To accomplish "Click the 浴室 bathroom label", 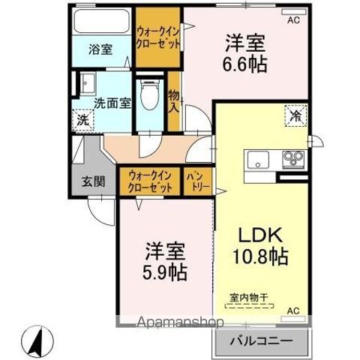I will click(x=100, y=49).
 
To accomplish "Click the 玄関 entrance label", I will click(x=93, y=180).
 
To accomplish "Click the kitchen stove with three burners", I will click(x=293, y=160).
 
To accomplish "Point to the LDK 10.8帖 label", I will click(x=262, y=245).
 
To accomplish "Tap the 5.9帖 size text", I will click(x=166, y=271).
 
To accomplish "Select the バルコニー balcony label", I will click(x=263, y=340).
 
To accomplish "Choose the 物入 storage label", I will click(x=174, y=100).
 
